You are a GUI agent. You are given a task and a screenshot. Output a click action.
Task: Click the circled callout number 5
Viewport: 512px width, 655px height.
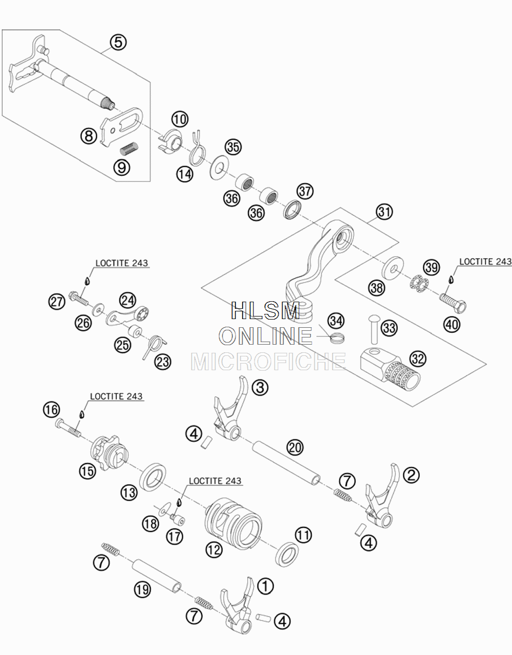(118, 42)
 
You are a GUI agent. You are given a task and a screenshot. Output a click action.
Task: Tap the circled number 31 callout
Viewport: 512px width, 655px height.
(385, 212)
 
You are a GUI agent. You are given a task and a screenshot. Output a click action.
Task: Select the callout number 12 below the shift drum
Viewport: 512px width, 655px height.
(214, 550)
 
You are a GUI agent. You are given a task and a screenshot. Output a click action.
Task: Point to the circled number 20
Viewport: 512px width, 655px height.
(295, 447)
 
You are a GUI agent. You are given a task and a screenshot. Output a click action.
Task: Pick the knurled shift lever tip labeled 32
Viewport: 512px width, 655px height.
(390, 370)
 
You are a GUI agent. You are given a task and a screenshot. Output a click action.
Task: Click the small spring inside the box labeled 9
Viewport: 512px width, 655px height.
(129, 147)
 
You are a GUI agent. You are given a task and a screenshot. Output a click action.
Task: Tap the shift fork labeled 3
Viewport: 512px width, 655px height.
(230, 409)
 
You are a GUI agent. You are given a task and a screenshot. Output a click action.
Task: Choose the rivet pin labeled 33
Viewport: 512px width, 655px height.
(374, 329)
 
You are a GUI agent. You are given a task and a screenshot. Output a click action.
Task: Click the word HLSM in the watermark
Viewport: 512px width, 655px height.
(265, 311)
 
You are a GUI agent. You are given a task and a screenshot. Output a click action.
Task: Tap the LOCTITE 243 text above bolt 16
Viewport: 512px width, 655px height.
(116, 396)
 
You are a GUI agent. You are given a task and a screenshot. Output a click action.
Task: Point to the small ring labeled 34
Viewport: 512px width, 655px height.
(337, 337)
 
